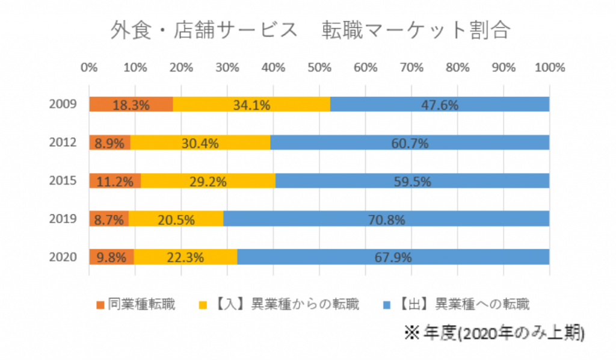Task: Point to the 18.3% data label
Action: click(131, 105)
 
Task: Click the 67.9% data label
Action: click(393, 257)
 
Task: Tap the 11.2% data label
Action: click(115, 181)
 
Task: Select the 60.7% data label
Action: click(410, 143)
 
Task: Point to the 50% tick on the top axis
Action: click(319, 67)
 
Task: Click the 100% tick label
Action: click(549, 67)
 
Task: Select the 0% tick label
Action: click(89, 67)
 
